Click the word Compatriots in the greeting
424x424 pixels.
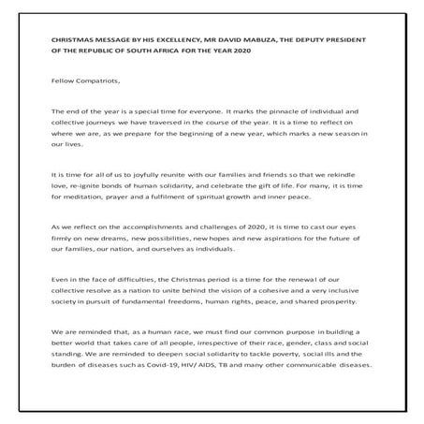[x=92, y=81]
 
